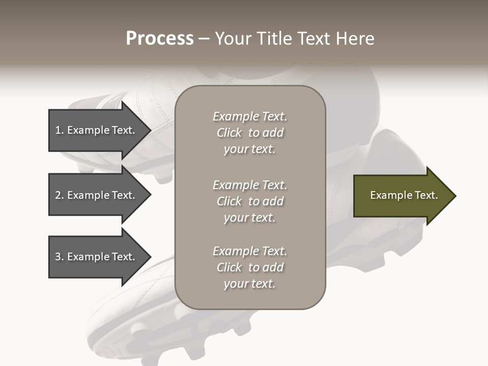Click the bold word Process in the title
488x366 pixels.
point(160,39)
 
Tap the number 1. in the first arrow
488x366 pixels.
point(59,130)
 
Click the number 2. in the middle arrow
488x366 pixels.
point(59,195)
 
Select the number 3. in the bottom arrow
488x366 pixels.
point(59,257)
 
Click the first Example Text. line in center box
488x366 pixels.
point(250,116)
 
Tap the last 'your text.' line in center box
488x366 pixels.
point(250,284)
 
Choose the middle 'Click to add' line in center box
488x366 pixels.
point(250,201)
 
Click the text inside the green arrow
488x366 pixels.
point(404,195)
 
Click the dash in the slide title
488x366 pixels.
point(204,39)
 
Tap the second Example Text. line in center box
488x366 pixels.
point(250,185)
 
